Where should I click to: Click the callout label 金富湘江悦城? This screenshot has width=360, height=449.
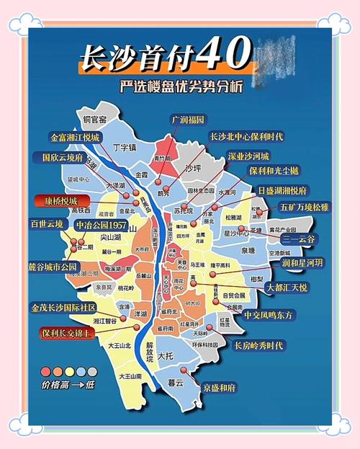(x=75, y=136)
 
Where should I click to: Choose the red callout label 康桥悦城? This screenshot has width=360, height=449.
(x=63, y=200)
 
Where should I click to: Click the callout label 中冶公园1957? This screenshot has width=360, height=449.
(x=102, y=224)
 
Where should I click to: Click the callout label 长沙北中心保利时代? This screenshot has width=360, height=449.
(x=246, y=136)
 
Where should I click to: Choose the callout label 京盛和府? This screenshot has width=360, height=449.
(x=219, y=387)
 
